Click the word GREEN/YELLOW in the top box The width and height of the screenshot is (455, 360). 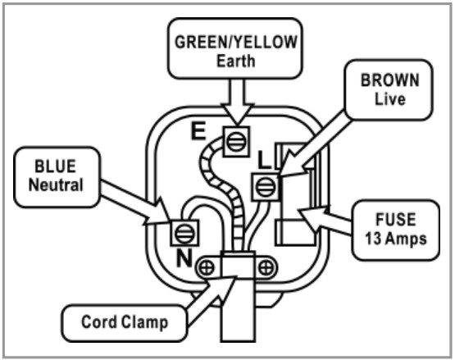[236, 42]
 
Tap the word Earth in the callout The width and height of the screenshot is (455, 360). [236, 61]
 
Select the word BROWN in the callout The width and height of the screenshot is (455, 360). [389, 80]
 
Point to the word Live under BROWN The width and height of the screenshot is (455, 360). [389, 99]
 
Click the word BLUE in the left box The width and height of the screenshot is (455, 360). [56, 166]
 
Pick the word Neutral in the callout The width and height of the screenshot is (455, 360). [56, 185]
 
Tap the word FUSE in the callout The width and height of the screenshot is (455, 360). [396, 219]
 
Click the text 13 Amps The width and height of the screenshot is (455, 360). [396, 239]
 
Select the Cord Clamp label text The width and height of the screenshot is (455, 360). [125, 322]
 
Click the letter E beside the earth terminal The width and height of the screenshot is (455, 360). [198, 131]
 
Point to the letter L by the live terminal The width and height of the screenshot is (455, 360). [264, 160]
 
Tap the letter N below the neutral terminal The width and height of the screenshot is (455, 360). [184, 258]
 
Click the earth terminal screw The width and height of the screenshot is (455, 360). [236, 142]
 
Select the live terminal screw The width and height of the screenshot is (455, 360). [266, 187]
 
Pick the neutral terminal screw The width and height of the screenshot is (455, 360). [184, 233]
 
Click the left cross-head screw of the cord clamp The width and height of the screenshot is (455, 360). [207, 267]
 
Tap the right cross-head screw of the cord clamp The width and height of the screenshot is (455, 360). [266, 267]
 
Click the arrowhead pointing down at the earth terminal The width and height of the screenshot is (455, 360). [238, 114]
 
